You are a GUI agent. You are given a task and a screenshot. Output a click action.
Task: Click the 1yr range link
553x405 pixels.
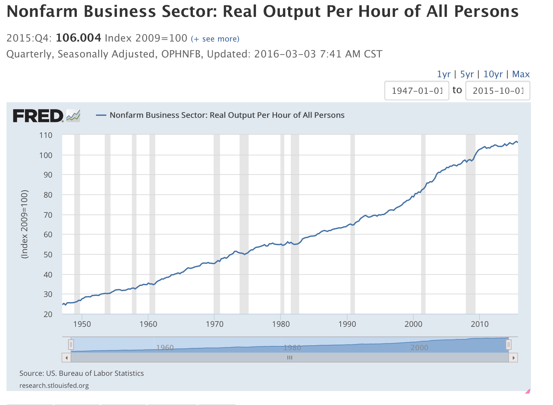pos(443,74)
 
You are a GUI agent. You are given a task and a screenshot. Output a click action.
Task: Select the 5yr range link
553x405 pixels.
pos(467,74)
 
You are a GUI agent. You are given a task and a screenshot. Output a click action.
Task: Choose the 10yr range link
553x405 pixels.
pos(493,74)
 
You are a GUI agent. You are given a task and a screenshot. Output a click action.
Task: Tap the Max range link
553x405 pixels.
pos(521,74)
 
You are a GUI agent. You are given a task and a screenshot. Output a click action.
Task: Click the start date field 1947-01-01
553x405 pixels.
pos(417,91)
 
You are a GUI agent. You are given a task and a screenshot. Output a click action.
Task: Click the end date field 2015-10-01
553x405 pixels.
pos(498,91)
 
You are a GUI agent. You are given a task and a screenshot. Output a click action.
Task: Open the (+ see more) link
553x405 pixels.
pos(215,39)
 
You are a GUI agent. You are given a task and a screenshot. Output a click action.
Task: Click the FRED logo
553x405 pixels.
pos(38,116)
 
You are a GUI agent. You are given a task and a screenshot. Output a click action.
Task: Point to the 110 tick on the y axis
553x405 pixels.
pos(46,135)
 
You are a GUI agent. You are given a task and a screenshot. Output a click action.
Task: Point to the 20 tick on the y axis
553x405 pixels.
pos(48,314)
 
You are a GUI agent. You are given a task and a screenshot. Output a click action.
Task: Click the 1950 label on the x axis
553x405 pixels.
pos(82,324)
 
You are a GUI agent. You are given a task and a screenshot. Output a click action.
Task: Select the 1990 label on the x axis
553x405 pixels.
pos(347,324)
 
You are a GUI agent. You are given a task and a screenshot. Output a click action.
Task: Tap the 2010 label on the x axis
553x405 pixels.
pos(479,324)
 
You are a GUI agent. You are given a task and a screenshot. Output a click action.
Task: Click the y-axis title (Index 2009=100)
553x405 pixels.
pos(25,224)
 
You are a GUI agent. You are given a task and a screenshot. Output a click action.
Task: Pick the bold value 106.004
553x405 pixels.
pos(78,38)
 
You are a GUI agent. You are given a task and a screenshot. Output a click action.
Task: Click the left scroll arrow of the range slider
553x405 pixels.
pos(66,358)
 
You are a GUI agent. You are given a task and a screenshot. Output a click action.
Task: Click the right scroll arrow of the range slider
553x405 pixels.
pos(513,358)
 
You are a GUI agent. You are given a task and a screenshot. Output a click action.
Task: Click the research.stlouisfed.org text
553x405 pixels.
pos(54,386)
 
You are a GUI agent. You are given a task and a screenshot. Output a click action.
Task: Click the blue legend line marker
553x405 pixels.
pos(101,115)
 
